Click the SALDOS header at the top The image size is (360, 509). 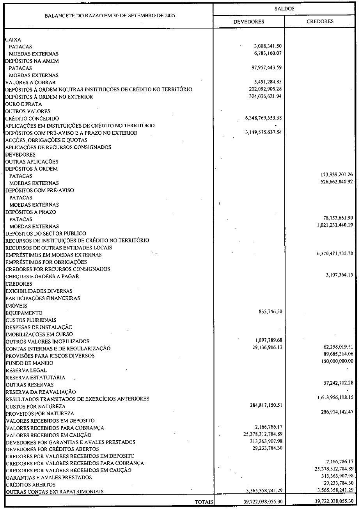[284, 8]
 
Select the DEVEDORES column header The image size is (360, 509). [248, 22]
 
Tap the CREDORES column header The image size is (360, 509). [320, 21]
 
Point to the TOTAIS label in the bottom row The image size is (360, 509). [204, 501]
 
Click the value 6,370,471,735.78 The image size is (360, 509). [330, 255]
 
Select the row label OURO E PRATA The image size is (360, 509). [23, 104]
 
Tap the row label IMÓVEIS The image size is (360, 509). [16, 305]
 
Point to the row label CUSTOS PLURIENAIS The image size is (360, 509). [31, 320]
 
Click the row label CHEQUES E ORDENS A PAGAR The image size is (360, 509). [42, 276]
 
